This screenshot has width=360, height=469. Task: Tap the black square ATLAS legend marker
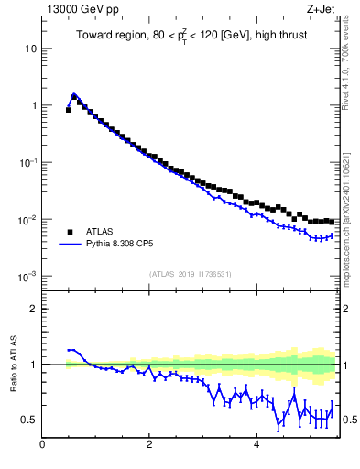click(x=71, y=232)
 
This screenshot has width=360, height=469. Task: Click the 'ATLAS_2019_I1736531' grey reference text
click(x=190, y=274)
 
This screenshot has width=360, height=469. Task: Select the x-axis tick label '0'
click(x=42, y=446)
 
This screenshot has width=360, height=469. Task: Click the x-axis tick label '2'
click(x=149, y=446)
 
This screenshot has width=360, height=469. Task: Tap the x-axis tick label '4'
click(x=256, y=446)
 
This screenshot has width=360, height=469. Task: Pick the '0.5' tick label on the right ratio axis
click(x=348, y=420)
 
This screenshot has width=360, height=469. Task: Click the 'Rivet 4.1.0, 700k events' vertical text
click(x=345, y=64)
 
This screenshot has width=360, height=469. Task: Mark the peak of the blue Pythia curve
click(x=73, y=93)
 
